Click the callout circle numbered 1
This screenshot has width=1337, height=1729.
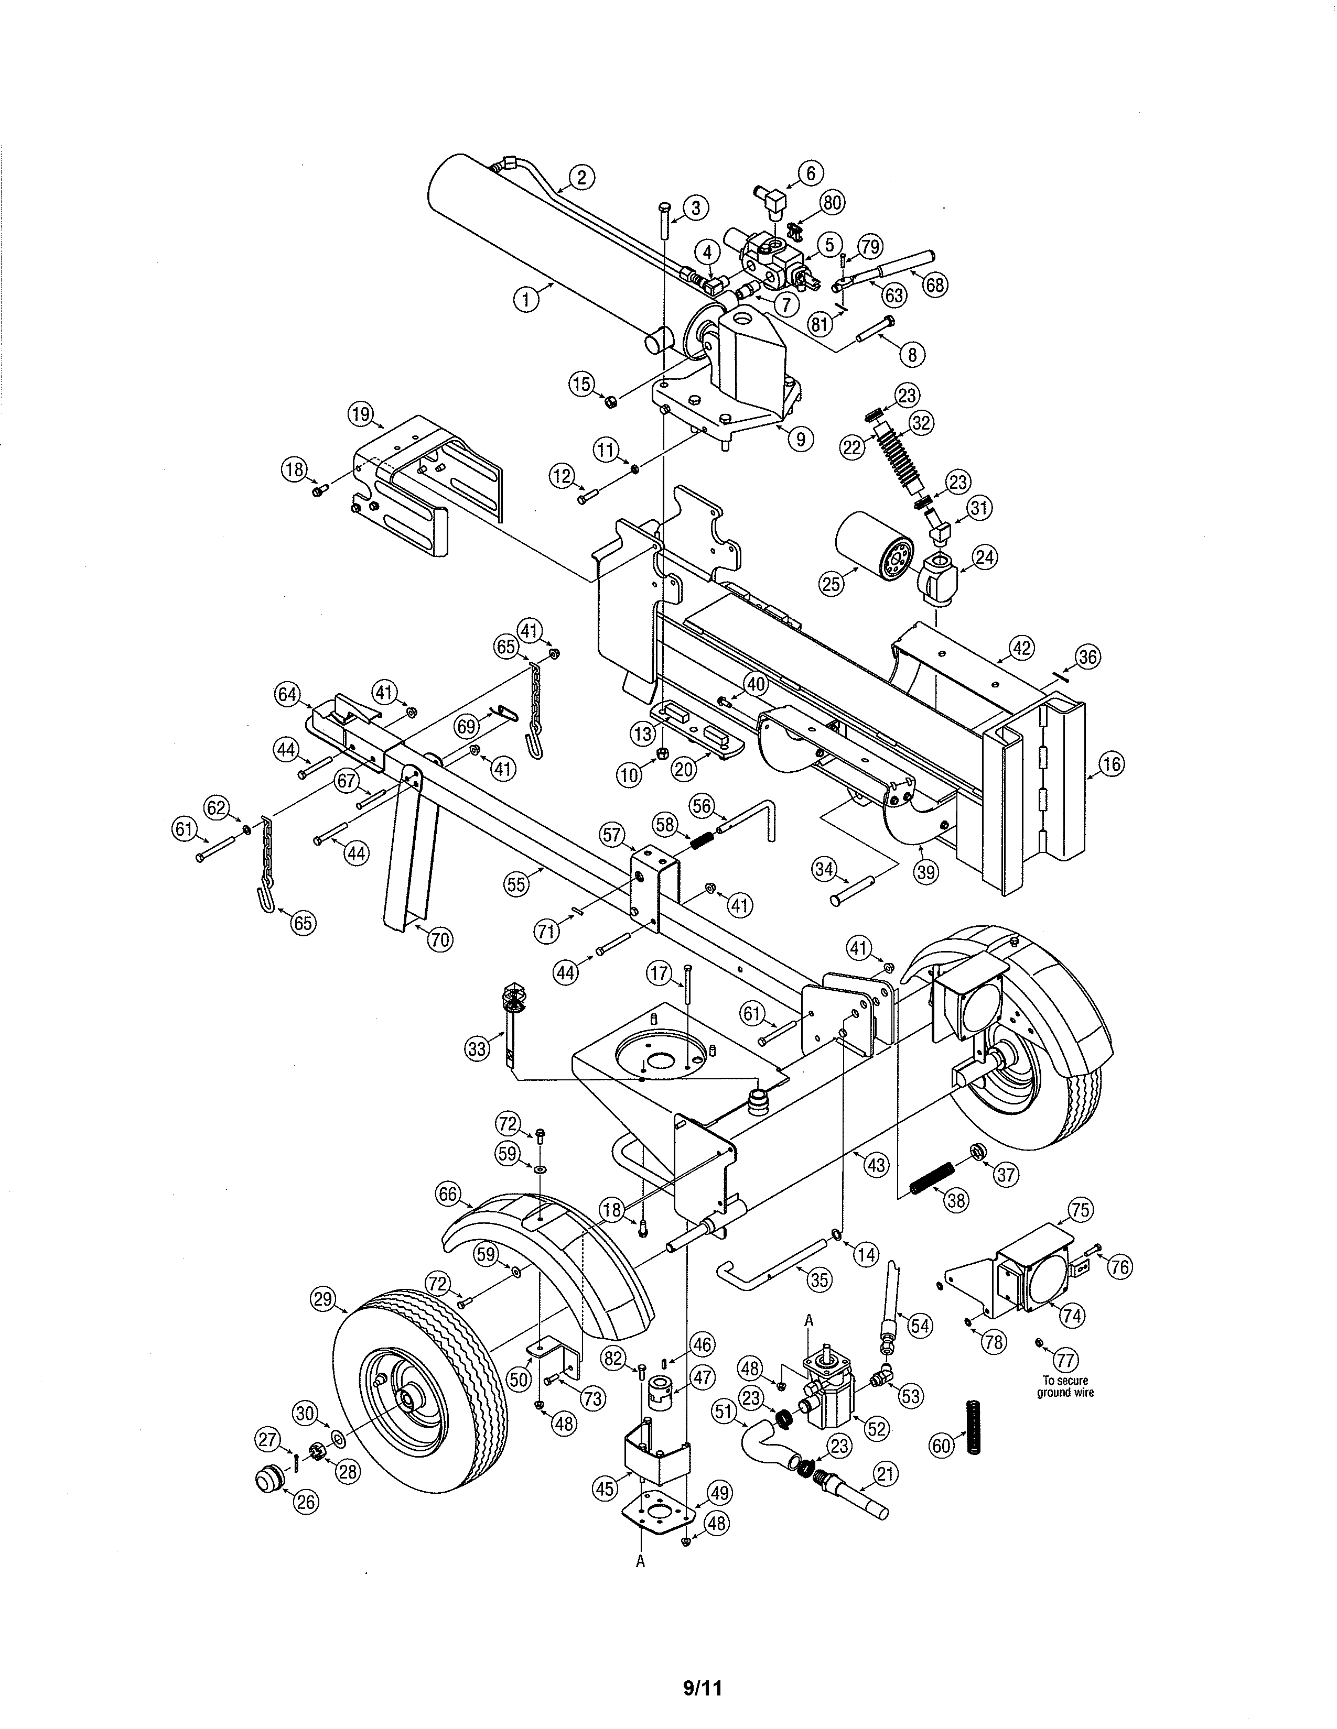525,299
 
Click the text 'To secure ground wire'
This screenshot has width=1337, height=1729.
1065,1386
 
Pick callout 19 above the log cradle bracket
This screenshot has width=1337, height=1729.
360,413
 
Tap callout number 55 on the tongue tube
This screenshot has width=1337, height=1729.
516,883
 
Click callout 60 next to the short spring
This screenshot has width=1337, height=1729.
941,1447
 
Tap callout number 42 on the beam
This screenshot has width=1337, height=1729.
1022,649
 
